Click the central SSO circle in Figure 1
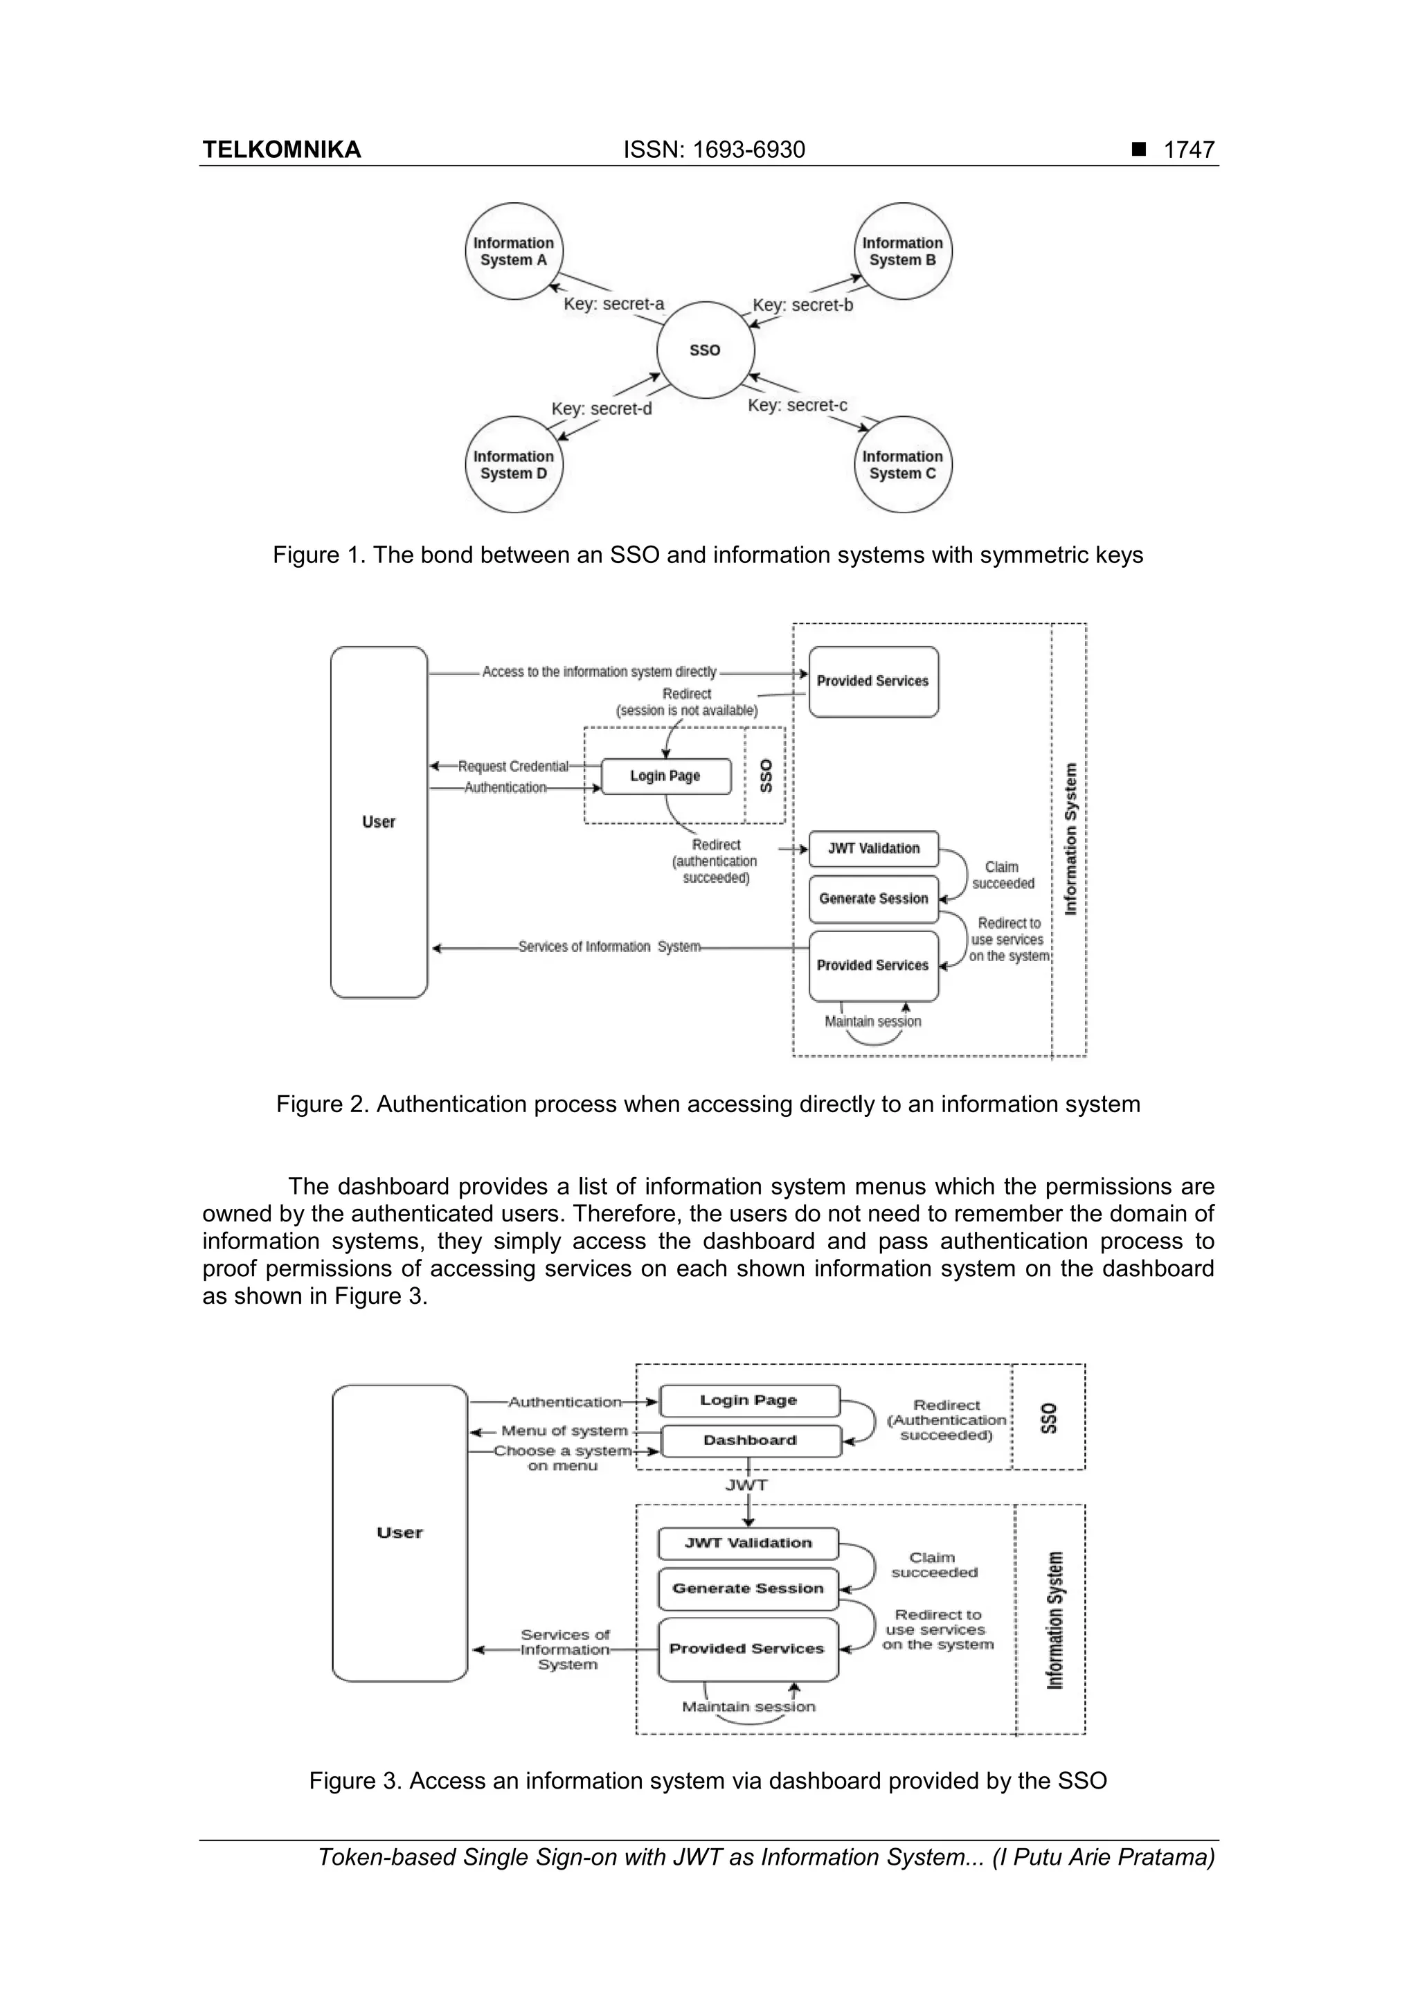click(705, 350)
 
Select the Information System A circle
click(514, 251)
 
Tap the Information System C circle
click(903, 465)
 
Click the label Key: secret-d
click(601, 409)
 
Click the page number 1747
click(1188, 150)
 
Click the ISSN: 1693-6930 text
click(714, 150)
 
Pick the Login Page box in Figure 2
click(666, 776)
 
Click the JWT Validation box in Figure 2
click(873, 848)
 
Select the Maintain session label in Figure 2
click(873, 1021)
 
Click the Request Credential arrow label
click(513, 767)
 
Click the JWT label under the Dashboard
click(746, 1485)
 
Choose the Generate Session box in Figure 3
click(748, 1588)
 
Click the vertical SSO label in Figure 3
click(1049, 1418)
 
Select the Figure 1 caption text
click(708, 555)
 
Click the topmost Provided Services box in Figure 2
click(873, 681)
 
